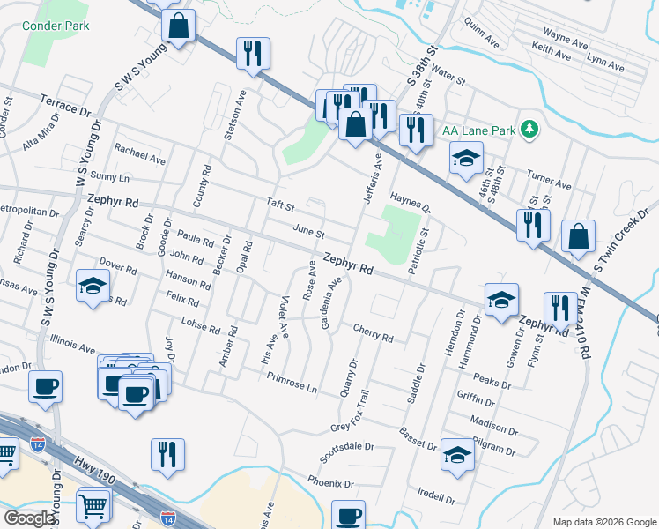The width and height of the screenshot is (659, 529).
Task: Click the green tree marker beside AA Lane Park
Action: click(x=529, y=130)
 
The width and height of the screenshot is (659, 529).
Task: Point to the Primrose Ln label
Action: click(x=292, y=381)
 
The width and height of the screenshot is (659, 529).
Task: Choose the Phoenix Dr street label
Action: click(x=330, y=483)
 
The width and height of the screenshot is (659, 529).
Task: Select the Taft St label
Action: click(x=280, y=204)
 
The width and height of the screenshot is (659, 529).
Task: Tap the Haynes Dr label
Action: click(x=410, y=204)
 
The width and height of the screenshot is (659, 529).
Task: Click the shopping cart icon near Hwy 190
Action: click(x=93, y=504)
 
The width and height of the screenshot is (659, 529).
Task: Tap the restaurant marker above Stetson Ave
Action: click(x=253, y=53)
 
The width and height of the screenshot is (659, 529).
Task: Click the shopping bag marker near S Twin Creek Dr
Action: click(x=578, y=236)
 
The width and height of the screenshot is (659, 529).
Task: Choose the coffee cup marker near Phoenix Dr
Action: click(x=348, y=514)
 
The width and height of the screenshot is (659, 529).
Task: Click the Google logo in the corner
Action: click(x=28, y=518)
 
